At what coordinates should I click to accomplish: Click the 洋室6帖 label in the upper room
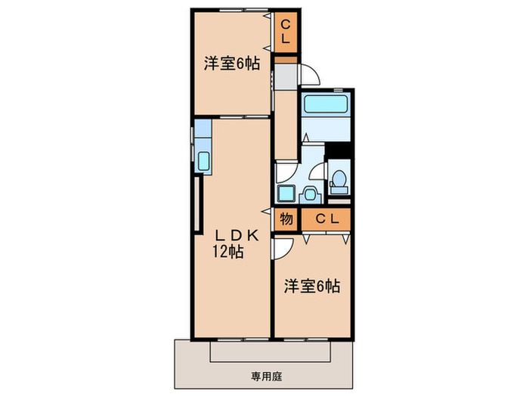pyautogui.click(x=230, y=64)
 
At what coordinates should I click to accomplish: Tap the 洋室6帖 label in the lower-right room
pyautogui.click(x=311, y=287)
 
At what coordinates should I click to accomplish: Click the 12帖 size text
pyautogui.click(x=228, y=253)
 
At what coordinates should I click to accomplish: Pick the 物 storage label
pyautogui.click(x=286, y=220)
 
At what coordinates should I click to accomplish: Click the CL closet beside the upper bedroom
pyautogui.click(x=286, y=33)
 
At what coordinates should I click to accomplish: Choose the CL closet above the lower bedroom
pyautogui.click(x=326, y=220)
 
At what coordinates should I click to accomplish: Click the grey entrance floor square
pyautogui.click(x=286, y=76)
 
